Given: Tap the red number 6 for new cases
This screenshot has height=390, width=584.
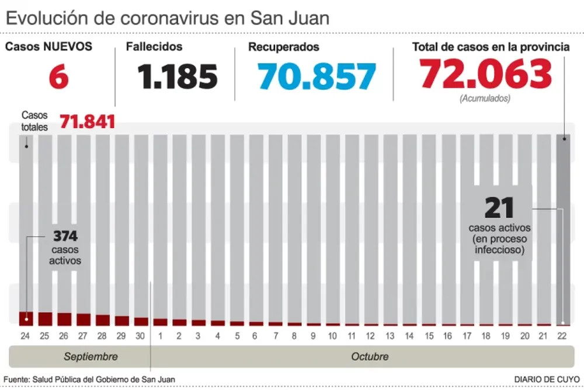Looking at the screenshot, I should pos(58,78).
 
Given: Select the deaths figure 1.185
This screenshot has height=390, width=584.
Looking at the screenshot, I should pos(178,76).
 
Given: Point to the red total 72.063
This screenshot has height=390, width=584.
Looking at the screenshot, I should pos(486,74).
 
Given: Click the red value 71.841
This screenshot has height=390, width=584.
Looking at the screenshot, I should pos(87,122).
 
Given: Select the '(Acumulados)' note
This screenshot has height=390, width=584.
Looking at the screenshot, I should pos(485,99).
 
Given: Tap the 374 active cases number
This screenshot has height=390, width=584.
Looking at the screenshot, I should pos(65,236).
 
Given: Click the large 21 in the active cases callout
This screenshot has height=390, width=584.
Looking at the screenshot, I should pos(499,208).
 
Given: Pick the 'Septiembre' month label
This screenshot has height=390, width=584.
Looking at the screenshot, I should pos(91,356).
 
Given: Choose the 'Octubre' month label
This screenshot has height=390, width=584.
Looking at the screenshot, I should pos(370,356).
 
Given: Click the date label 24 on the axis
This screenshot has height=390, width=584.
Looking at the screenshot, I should pos(25,336).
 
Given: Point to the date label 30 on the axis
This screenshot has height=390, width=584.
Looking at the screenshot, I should pos(141,336).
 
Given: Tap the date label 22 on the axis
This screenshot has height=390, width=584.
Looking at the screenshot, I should pos(563,336).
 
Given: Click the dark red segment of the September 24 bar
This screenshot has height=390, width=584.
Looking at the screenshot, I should pos(26,318).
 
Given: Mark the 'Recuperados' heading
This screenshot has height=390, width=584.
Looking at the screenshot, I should pos(283,47).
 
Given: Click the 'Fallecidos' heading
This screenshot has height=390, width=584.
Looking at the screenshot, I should pos(154,47).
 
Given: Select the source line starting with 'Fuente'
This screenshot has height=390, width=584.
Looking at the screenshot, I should pos(89,380).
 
